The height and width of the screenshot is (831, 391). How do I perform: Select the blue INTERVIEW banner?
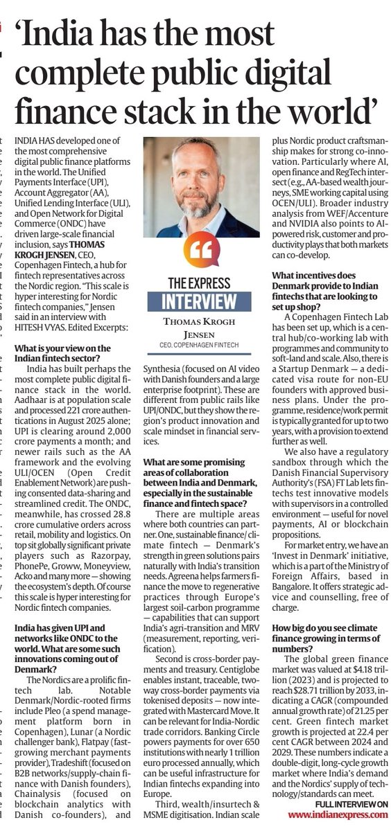pos(200,302)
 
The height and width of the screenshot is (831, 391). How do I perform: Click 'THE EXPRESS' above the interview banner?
pos(200,283)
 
